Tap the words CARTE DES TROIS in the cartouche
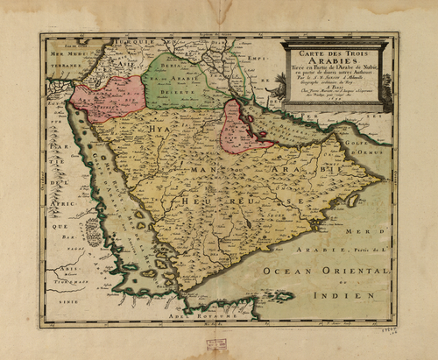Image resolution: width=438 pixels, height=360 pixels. (334, 52)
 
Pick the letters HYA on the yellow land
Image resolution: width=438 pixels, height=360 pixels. (158, 131)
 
